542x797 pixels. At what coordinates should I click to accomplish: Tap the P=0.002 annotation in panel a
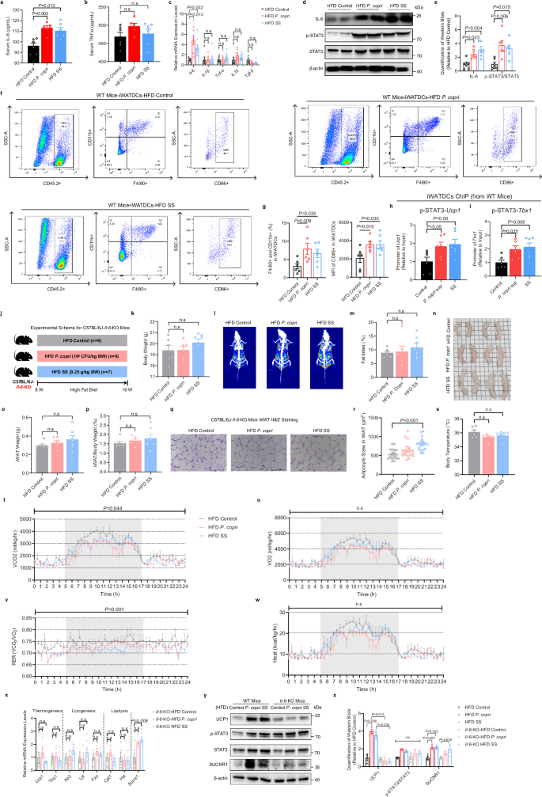pos(40,14)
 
